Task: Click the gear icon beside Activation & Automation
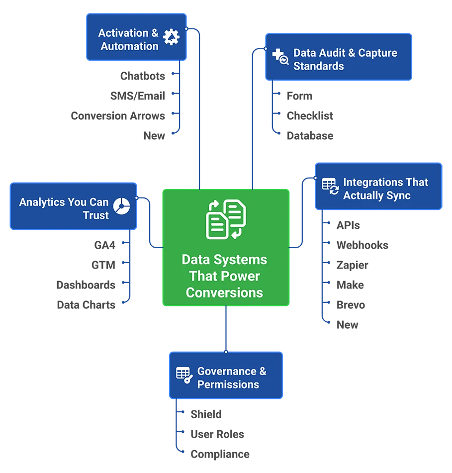coord(171,38)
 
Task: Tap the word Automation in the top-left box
coord(129,46)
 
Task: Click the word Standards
coord(318,66)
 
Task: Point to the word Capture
coord(377,53)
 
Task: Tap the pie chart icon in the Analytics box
coord(121,207)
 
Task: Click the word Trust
coord(96,215)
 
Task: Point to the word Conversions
coord(224,292)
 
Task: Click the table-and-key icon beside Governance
coord(184,375)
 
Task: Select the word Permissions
coord(228,384)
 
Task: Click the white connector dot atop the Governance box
coord(226,352)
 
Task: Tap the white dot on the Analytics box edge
coord(137,197)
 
